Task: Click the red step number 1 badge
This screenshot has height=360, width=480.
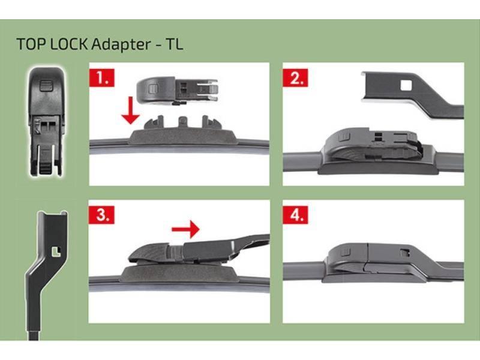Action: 100,78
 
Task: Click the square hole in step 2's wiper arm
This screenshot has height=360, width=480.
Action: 406,86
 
